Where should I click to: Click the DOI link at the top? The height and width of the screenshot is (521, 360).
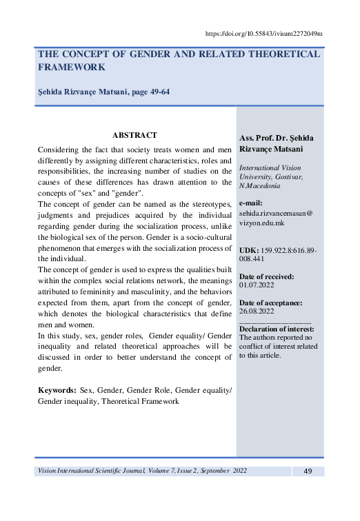click(264, 33)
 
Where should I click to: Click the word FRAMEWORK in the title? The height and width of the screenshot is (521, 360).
click(72, 68)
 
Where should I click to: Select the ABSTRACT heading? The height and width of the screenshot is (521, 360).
click(134, 135)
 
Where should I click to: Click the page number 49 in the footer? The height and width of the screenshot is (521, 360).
click(308, 471)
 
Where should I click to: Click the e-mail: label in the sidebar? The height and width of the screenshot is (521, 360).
click(254, 204)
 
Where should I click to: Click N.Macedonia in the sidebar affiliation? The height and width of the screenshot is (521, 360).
click(259, 186)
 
